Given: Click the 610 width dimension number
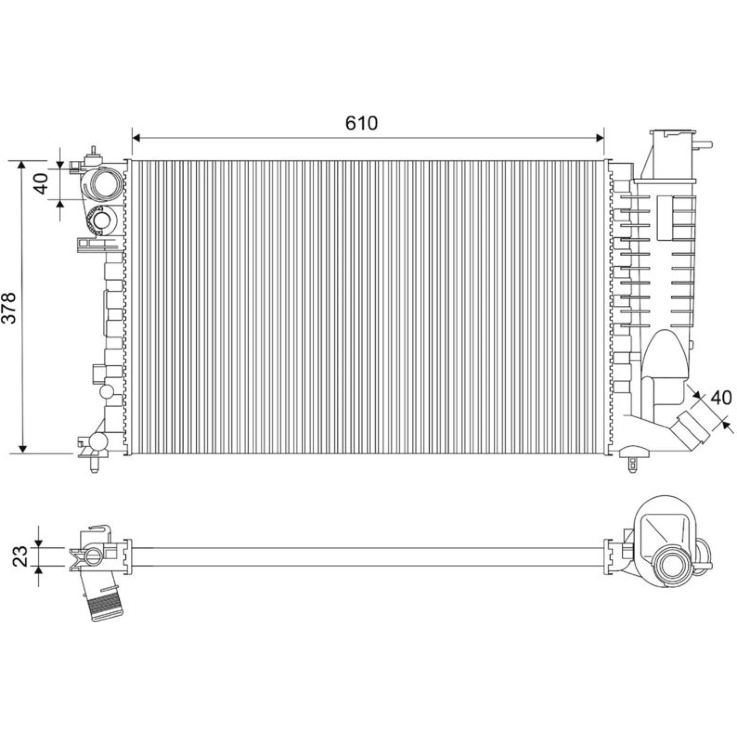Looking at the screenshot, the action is click(361, 123).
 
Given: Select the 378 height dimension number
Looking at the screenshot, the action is click(10, 307).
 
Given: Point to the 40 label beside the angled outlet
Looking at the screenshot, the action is click(721, 398).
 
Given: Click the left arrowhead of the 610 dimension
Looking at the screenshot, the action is click(135, 137).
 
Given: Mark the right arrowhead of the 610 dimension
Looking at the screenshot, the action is click(600, 137).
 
